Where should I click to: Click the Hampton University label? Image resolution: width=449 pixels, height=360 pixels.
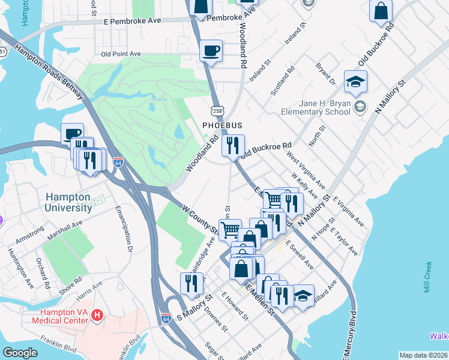[x=67, y=202]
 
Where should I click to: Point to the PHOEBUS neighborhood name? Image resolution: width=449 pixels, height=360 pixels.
[x=221, y=125]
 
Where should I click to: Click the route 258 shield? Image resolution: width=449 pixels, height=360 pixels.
[x=217, y=110]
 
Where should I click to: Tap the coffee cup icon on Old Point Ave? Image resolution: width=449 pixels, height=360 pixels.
[x=211, y=51]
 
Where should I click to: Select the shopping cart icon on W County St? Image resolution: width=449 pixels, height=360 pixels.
[x=230, y=230]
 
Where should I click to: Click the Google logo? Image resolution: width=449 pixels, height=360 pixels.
[x=20, y=353]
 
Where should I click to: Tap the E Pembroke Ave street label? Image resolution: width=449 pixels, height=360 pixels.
[x=133, y=20]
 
